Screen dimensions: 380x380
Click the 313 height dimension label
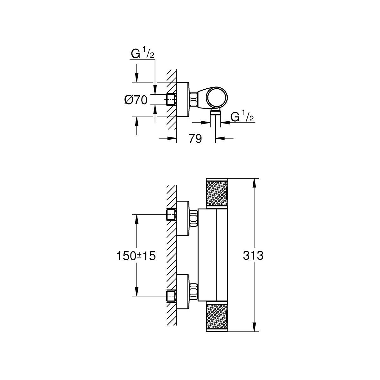tap(253, 256)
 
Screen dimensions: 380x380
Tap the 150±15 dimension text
tap(136, 256)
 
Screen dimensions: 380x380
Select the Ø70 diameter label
tap(136, 100)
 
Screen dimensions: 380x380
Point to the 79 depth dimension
tap(195, 138)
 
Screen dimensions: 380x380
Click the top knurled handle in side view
tap(217, 193)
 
